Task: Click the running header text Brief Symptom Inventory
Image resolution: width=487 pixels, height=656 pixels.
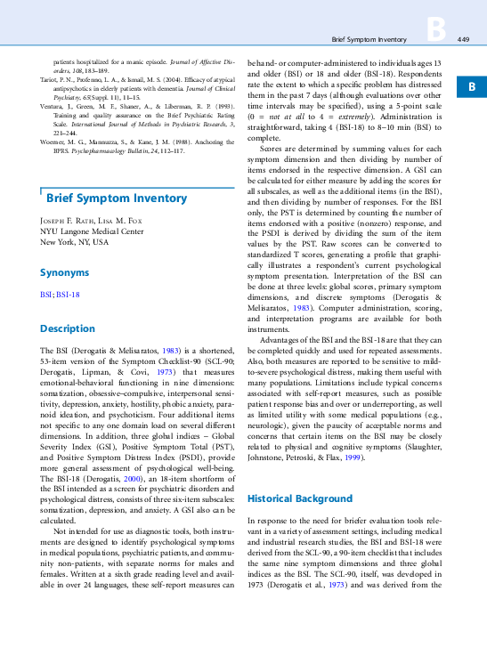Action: coord(368,40)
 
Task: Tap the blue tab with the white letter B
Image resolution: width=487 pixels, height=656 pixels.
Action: coord(472,86)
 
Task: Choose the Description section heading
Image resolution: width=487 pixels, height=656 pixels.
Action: coord(68,328)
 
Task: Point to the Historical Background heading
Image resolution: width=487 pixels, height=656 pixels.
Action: coord(300,498)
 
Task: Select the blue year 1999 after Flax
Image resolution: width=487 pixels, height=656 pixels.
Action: coord(354,457)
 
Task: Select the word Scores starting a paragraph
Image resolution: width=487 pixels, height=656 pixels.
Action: coord(272,148)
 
